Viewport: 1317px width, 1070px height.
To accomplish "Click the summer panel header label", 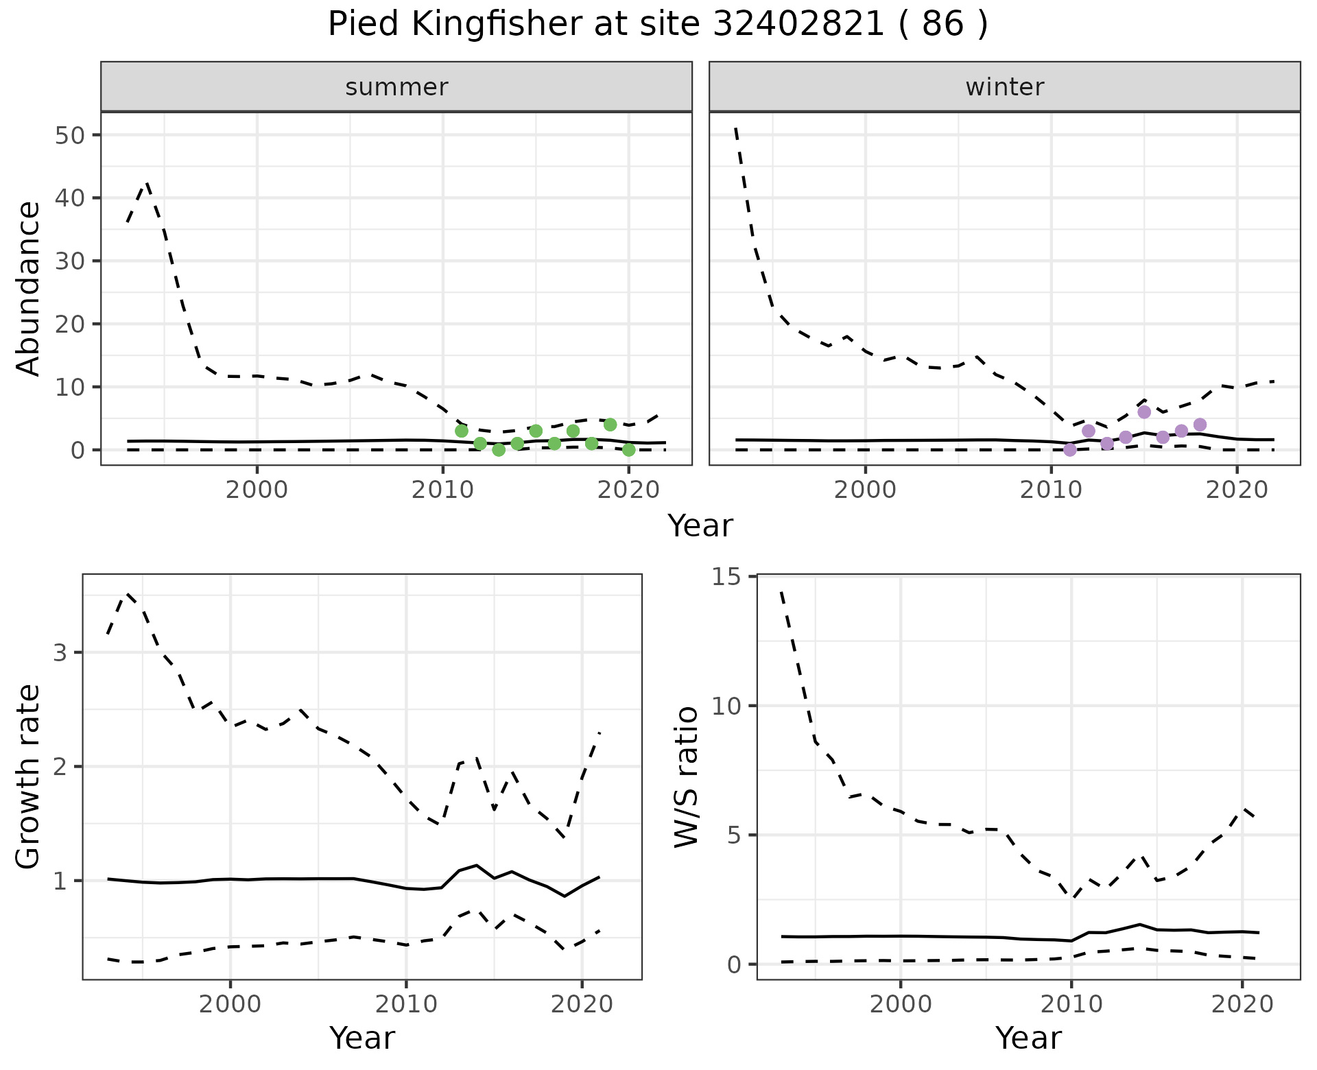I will point(396,87).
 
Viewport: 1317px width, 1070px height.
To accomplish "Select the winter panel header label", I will point(1004,87).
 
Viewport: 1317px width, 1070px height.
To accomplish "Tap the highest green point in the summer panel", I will point(610,425).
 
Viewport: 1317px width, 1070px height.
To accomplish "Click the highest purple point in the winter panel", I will point(1143,412).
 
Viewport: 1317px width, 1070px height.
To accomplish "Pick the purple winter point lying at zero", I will point(1069,450).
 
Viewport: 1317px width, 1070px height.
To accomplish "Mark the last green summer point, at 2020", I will point(628,450).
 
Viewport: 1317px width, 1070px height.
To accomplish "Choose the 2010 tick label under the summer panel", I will point(442,490).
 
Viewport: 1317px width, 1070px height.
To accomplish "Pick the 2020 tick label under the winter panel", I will point(1236,490).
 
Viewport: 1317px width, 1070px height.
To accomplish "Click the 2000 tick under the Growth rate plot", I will point(230,1005).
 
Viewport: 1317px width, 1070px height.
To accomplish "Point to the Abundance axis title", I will point(29,288).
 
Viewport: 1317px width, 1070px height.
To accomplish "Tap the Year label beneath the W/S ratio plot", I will point(1028,1038).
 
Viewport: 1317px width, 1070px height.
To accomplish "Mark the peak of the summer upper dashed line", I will point(146,183).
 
